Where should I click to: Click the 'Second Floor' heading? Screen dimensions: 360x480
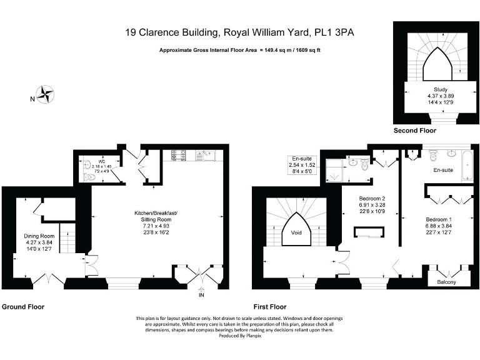click(414, 131)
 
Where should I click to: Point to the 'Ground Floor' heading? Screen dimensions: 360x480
click(23, 307)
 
